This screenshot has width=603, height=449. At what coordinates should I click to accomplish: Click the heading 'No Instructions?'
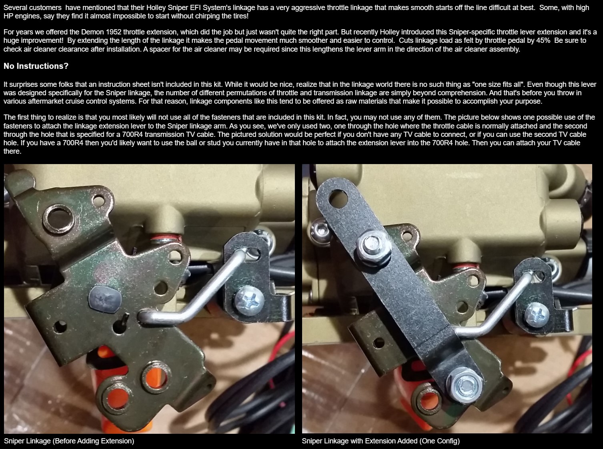[36, 66]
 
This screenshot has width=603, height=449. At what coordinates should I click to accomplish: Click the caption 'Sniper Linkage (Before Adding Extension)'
[69, 441]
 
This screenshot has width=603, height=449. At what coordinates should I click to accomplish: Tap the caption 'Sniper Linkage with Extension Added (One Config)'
[381, 441]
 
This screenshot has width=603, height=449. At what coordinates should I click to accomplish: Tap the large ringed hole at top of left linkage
[59, 218]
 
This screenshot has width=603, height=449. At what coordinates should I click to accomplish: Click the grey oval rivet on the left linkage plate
[105, 299]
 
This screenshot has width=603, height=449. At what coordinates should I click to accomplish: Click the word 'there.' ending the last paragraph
[12, 151]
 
